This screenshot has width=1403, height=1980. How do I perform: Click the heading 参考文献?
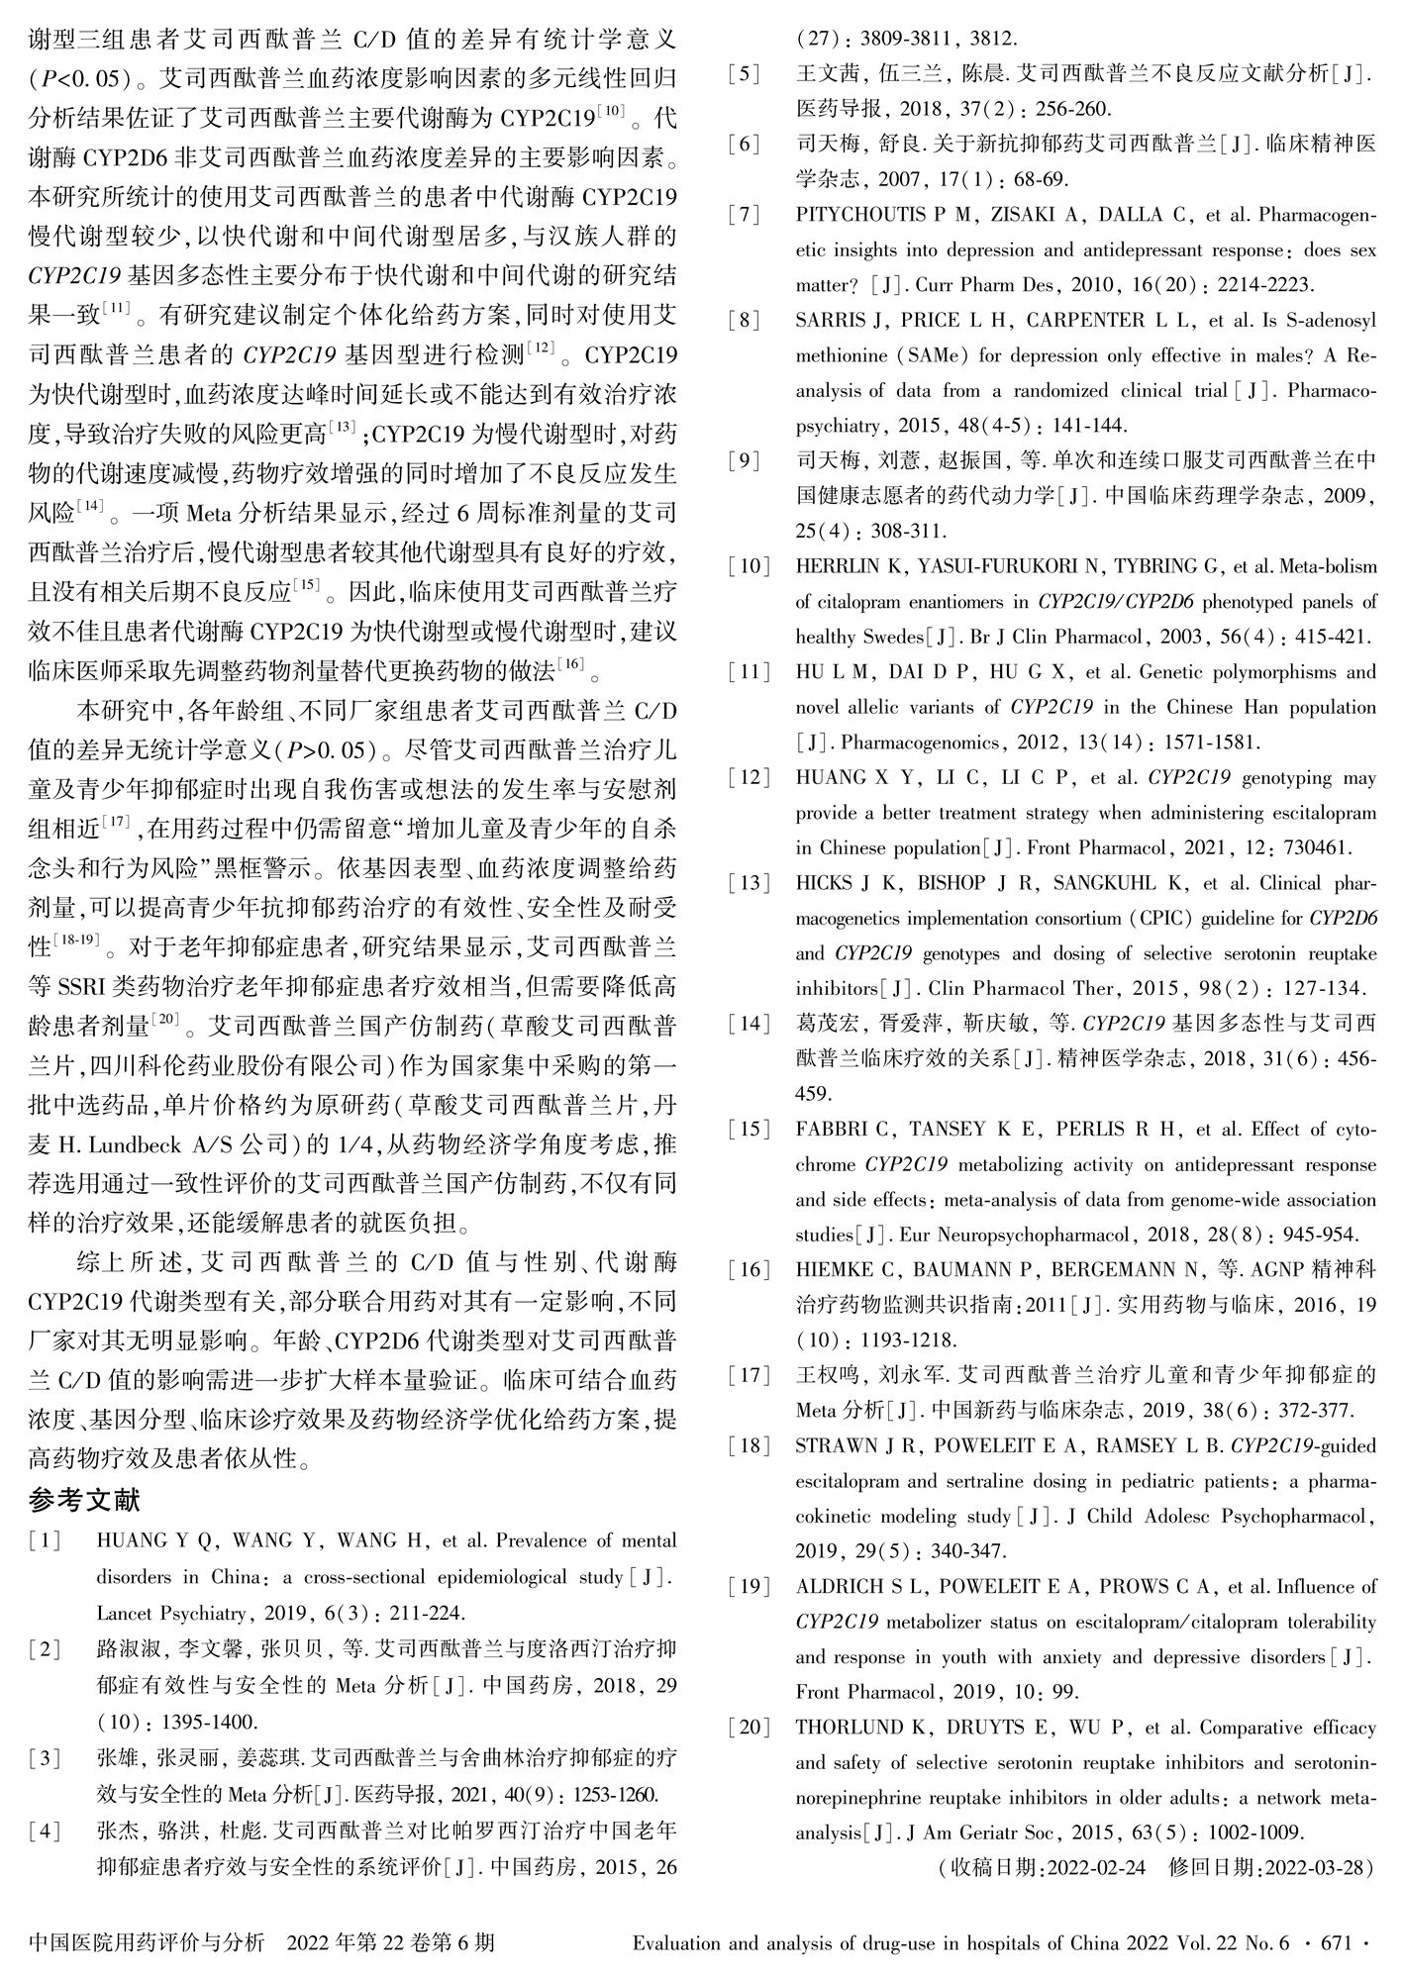[85, 1499]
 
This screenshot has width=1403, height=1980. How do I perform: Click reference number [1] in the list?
[46, 1541]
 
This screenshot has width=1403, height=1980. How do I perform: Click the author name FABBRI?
[833, 1130]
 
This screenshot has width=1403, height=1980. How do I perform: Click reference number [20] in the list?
[749, 1728]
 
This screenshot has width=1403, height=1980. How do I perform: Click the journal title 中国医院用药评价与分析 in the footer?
[148, 1943]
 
